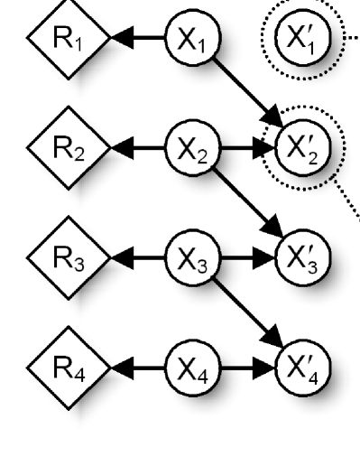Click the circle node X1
click(x=188, y=38)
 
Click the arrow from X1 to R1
click(x=135, y=38)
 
